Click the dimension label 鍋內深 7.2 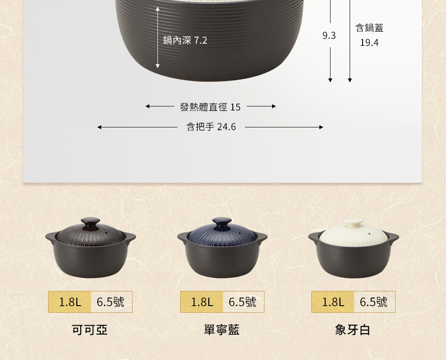click(x=185, y=41)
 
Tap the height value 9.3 click(x=329, y=36)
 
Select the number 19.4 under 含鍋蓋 click(x=369, y=43)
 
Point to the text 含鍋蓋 click(x=369, y=28)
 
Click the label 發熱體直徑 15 click(x=211, y=107)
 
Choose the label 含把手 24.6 click(x=211, y=127)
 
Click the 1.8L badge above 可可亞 click(x=70, y=302)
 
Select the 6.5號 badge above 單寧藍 click(x=243, y=302)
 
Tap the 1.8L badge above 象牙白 click(x=333, y=302)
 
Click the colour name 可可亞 click(x=90, y=330)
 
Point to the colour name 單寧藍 click(x=222, y=330)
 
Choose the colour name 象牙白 click(x=353, y=330)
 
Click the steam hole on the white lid click(x=370, y=233)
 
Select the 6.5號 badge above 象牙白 click(x=374, y=302)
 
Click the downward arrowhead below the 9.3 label click(x=330, y=80)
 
